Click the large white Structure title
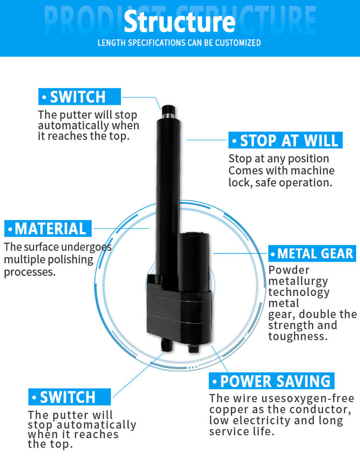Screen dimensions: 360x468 pyautogui.click(x=180, y=22)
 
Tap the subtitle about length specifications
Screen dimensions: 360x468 pyautogui.click(x=179, y=43)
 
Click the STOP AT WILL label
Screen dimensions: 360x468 pyautogui.click(x=286, y=140)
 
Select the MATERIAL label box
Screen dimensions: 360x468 pyautogui.click(x=48, y=229)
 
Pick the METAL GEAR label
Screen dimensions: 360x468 pyautogui.click(x=312, y=254)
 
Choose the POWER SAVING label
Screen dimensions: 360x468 pyautogui.click(x=271, y=381)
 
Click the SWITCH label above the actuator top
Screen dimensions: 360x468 pyautogui.click(x=80, y=97)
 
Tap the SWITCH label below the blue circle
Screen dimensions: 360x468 pyautogui.click(x=70, y=397)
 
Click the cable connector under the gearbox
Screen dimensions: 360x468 pyautogui.click(x=193, y=348)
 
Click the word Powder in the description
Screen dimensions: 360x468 pyautogui.click(x=288, y=270)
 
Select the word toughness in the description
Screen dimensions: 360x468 pyautogui.click(x=298, y=336)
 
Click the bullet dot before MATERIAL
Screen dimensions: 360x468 pyautogui.click(x=11, y=229)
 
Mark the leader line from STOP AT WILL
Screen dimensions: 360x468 pyautogui.click(x=206, y=140)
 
